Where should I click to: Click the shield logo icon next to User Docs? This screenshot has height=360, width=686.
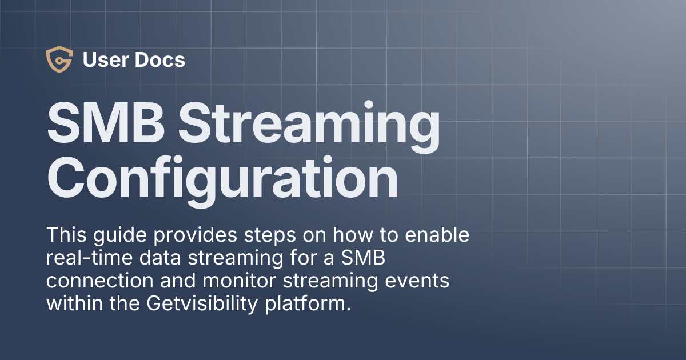59,60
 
